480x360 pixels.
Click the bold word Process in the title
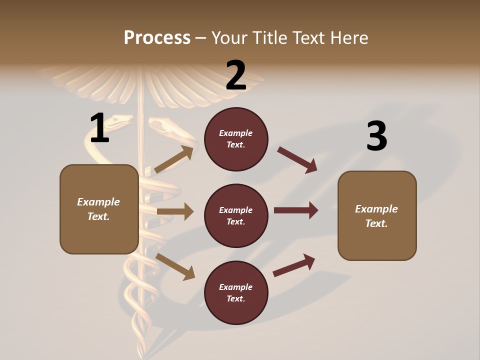click(x=157, y=38)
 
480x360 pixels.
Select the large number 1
click(x=99, y=128)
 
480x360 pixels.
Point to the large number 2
click(x=236, y=75)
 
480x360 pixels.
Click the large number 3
click(x=376, y=136)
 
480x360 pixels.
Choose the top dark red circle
click(x=236, y=139)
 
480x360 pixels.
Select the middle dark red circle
click(x=236, y=216)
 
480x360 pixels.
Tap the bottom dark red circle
click(x=236, y=293)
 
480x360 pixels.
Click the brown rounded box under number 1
click(x=99, y=209)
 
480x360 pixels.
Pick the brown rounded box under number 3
click(x=377, y=216)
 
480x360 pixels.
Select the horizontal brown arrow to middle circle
click(x=175, y=211)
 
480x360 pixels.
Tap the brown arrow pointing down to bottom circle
click(x=175, y=266)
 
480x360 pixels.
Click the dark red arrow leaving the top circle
click(x=297, y=160)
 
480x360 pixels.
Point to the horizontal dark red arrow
click(x=296, y=210)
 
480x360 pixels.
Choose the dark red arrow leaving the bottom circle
click(x=294, y=265)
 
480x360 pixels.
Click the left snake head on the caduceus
click(x=120, y=121)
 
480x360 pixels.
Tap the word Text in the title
click(x=310, y=38)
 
